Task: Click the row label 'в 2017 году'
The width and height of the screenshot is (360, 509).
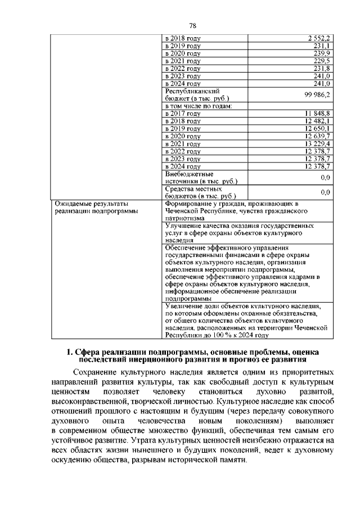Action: coord(182,114)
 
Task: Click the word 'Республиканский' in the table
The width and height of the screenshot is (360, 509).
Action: coord(192,91)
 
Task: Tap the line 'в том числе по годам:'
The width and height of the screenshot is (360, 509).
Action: coord(198,106)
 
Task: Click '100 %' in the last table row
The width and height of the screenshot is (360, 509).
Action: coord(226,335)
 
